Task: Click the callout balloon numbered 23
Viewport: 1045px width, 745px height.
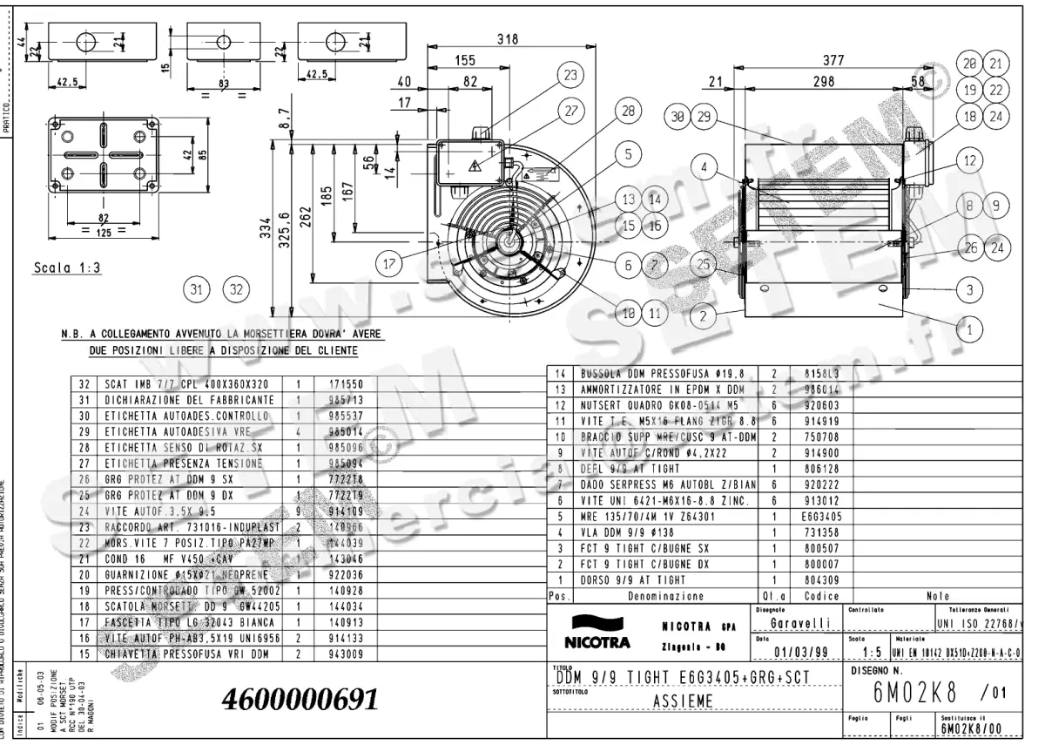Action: [570, 75]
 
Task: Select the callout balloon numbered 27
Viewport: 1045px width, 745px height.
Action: [570, 112]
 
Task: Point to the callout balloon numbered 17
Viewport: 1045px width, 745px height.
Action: [389, 260]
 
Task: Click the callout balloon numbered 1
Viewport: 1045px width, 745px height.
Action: [969, 328]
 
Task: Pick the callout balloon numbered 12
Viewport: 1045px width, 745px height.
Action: [969, 160]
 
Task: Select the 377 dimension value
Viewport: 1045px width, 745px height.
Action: [834, 59]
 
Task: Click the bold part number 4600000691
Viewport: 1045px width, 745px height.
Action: [300, 699]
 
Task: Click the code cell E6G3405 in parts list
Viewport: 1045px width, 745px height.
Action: [809, 515]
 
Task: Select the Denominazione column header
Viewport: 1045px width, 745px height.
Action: [665, 597]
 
